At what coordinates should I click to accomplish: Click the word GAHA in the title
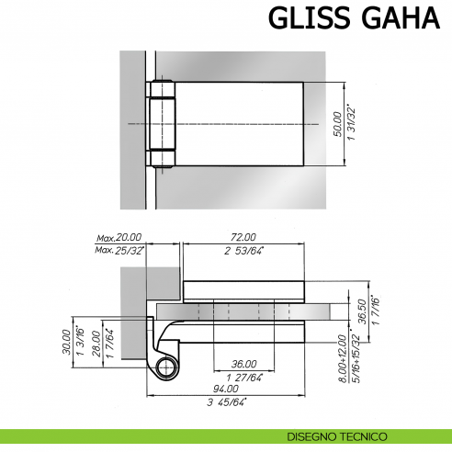point(396,20)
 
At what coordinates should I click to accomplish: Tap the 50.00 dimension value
point(336,123)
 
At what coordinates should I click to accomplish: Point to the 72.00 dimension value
point(243,237)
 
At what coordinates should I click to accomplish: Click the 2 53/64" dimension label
point(243,250)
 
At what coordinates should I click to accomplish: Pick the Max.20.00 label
point(117,238)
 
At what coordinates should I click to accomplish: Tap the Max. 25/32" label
point(118,250)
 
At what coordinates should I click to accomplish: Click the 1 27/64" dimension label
point(243,376)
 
